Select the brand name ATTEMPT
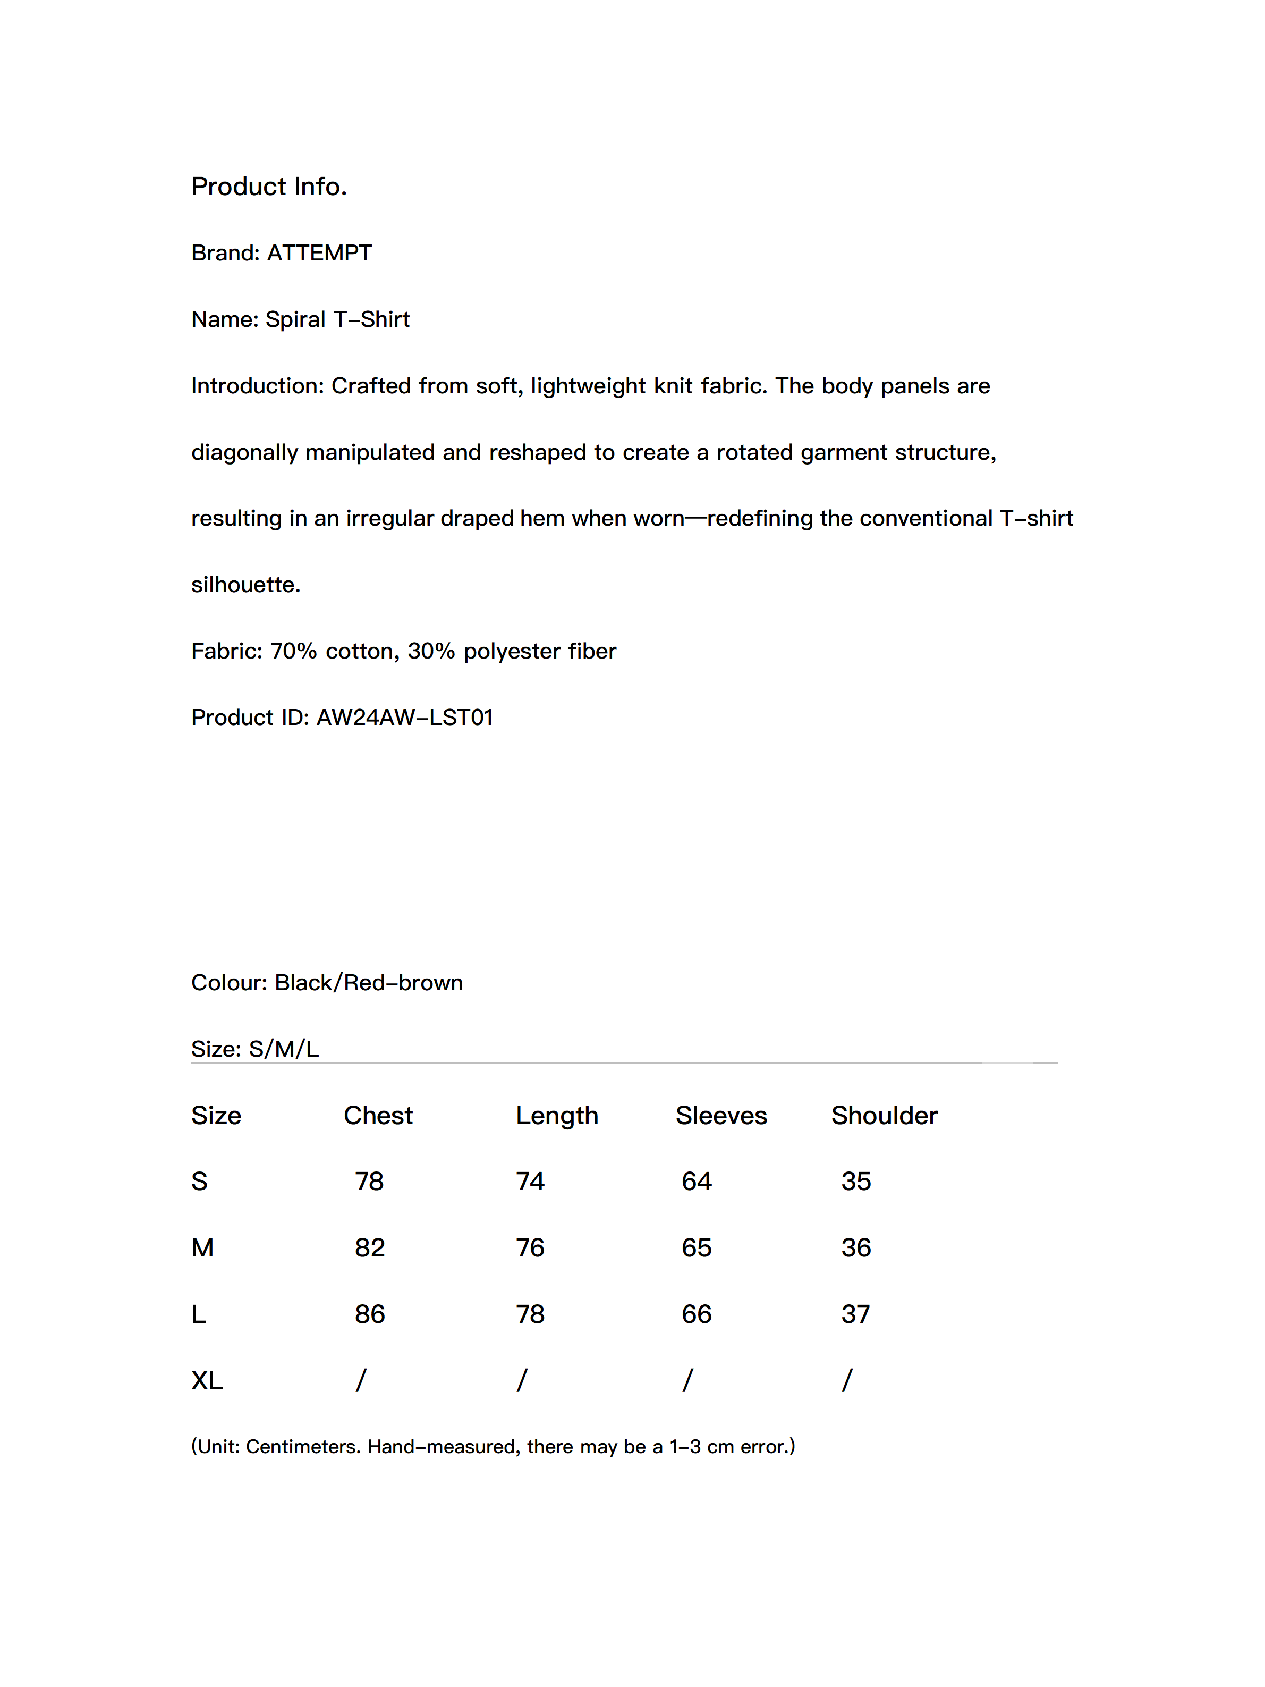tap(319, 253)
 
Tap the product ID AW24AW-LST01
tap(404, 718)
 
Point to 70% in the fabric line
tap(294, 651)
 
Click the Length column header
tap(557, 1116)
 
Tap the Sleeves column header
tap(720, 1116)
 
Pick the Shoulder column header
tap(884, 1116)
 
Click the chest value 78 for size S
tap(369, 1182)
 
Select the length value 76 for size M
tap(530, 1247)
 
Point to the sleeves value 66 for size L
tap(696, 1314)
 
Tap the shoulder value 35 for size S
tap(855, 1182)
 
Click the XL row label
tap(207, 1380)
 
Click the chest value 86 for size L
tap(370, 1314)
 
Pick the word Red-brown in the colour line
tap(403, 983)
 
